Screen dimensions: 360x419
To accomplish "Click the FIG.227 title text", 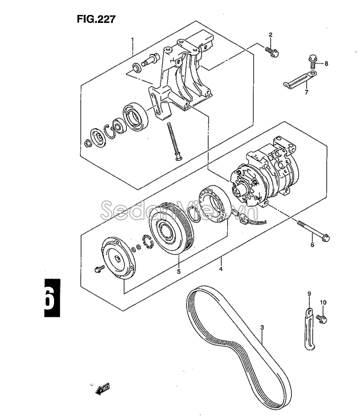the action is click(x=96, y=19).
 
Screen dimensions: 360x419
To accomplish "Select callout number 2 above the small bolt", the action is click(x=271, y=35).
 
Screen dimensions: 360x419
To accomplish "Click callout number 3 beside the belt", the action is click(x=262, y=327).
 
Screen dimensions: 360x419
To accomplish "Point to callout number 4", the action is click(x=220, y=269).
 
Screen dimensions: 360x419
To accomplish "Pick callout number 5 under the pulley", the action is click(x=179, y=271).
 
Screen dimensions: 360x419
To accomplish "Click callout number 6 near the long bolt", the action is click(x=312, y=245).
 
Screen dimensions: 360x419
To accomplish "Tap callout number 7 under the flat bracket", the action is click(x=307, y=92).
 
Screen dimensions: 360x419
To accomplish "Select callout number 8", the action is click(x=326, y=64).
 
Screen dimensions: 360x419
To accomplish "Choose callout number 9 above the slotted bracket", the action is click(x=309, y=294).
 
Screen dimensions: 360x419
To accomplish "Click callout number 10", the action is click(x=323, y=302).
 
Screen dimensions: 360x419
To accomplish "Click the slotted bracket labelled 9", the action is click(x=309, y=329).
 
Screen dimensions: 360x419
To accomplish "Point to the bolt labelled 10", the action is click(x=321, y=318).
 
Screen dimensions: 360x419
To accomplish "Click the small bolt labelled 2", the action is click(x=272, y=51).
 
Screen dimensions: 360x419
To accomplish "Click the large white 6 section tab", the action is click(x=52, y=298).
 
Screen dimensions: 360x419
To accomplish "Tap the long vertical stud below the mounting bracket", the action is click(x=173, y=141).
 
